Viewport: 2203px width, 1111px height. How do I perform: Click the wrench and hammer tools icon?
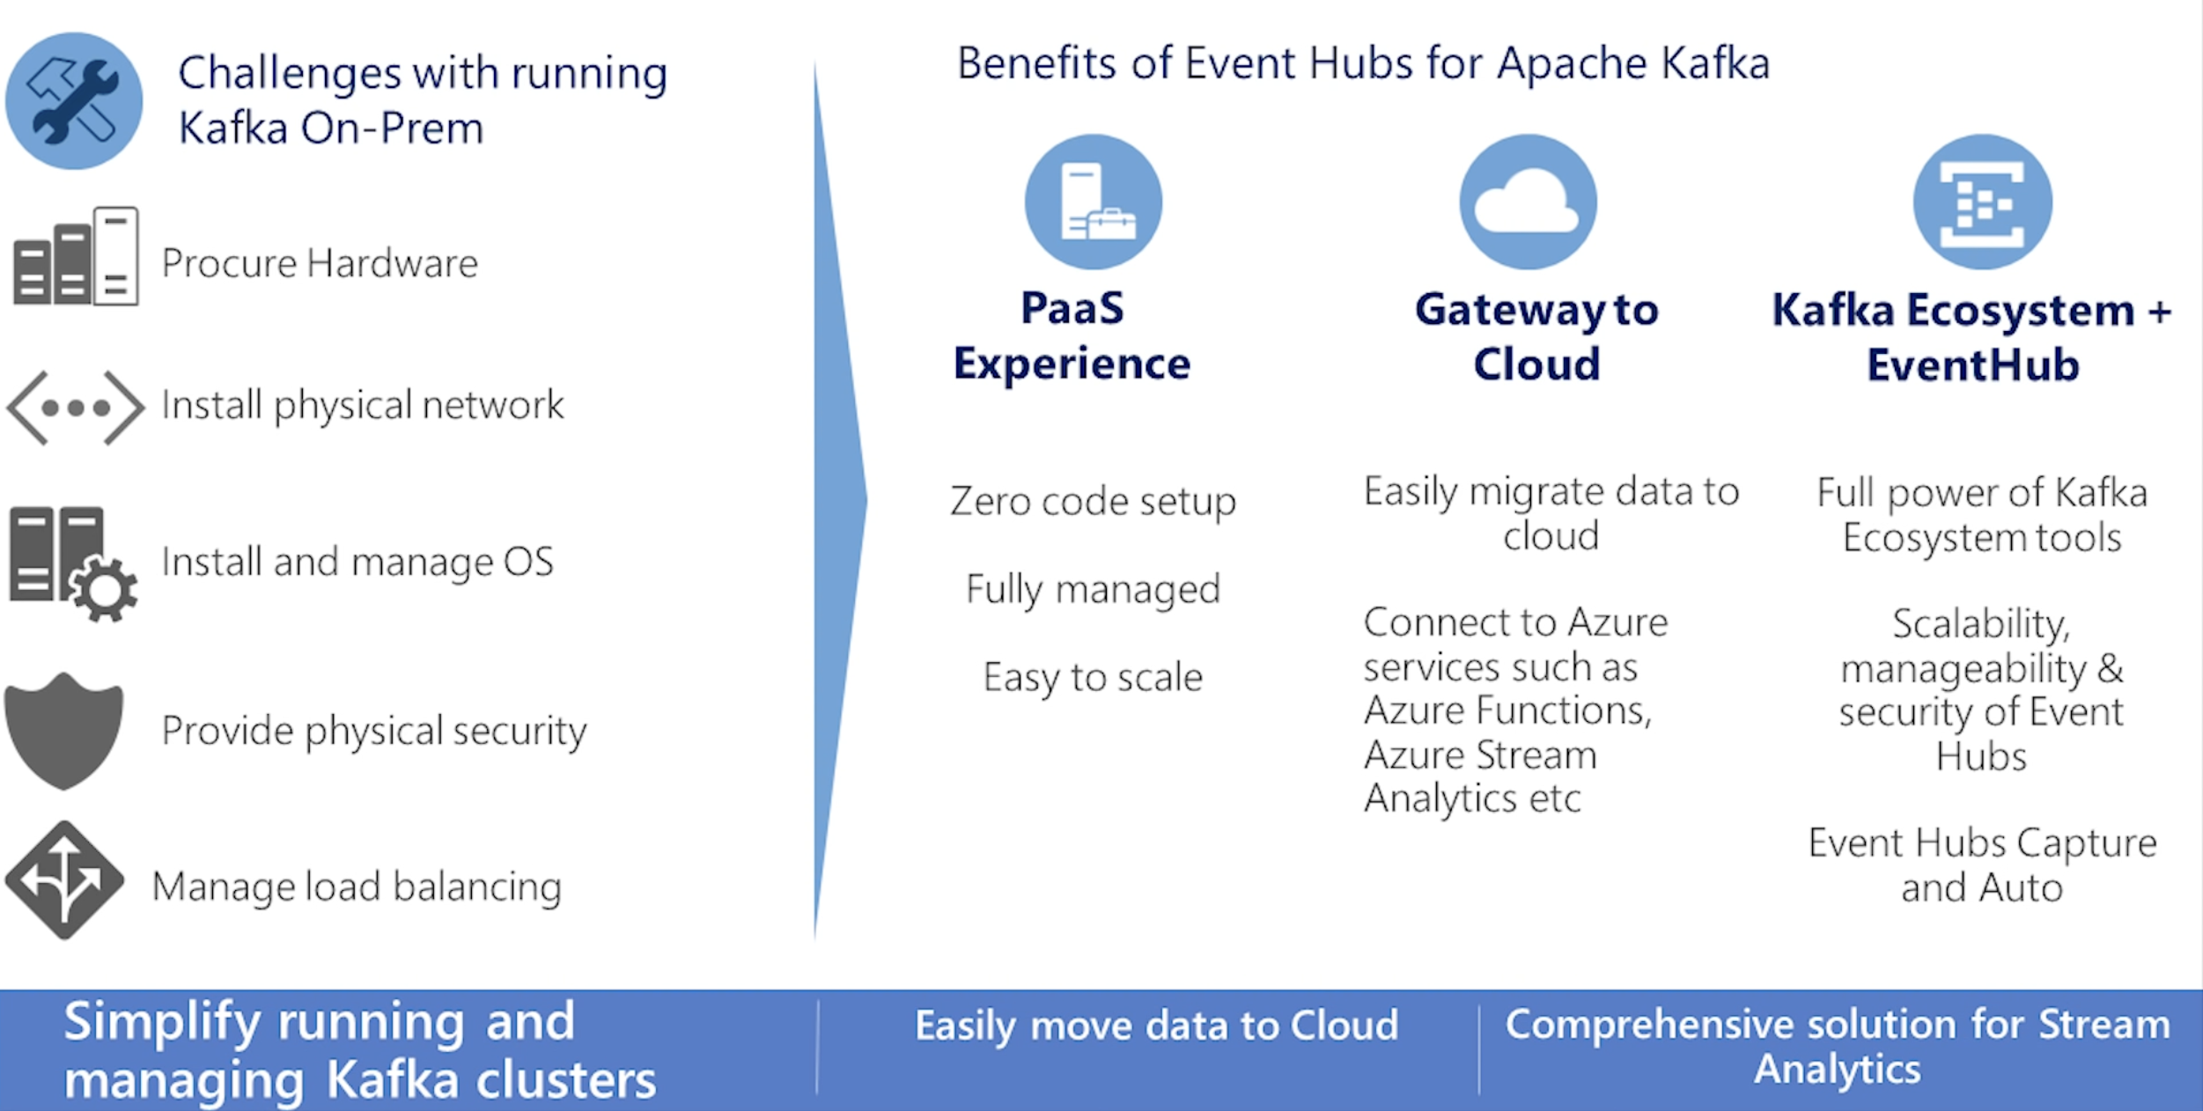(74, 101)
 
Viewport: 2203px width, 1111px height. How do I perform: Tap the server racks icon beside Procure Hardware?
(76, 257)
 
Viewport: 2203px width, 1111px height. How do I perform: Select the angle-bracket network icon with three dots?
(76, 408)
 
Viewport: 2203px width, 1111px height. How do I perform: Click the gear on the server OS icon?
(104, 590)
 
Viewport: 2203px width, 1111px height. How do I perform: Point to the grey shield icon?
(63, 731)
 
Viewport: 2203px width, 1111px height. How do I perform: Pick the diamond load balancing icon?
(64, 879)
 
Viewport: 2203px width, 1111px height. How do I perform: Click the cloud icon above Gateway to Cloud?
(1528, 202)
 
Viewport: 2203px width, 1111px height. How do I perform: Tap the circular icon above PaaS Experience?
(1093, 202)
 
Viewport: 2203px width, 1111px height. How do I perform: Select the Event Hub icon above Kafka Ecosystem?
(1982, 202)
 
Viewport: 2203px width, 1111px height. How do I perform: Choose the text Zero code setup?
(1093, 501)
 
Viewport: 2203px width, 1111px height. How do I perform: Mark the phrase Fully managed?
(1093, 589)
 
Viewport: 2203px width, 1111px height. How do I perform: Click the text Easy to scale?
(1093, 677)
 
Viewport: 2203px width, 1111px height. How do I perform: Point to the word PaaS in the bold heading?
(1072, 308)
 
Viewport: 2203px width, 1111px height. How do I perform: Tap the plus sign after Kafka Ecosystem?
(2159, 312)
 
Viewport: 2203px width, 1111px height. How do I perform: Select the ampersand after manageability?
(2111, 669)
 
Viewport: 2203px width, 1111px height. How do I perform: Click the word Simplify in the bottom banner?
(162, 1022)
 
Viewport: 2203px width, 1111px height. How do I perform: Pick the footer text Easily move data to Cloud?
(1156, 1026)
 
